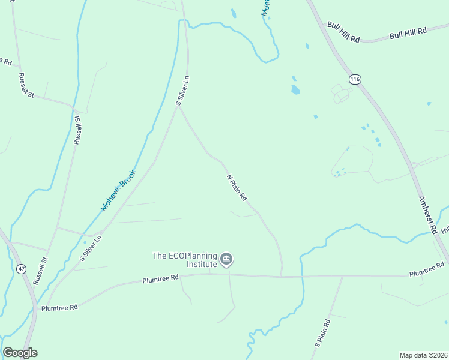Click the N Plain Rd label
[x=237, y=188]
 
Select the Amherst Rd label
[x=427, y=214]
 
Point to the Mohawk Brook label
[x=118, y=190]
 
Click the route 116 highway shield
[x=355, y=79]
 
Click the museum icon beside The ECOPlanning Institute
[x=226, y=259]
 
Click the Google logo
[x=20, y=353]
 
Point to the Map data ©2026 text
[x=423, y=355]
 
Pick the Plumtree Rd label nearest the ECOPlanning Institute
[x=161, y=278]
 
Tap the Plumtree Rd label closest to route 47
[x=59, y=307]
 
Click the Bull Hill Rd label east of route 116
[x=408, y=32]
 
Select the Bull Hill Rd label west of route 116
[x=343, y=32]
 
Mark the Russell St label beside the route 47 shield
[x=40, y=271]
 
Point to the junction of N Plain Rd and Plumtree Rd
[x=282, y=277]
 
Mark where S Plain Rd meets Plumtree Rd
[x=342, y=277]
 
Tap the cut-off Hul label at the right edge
[x=445, y=230]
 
